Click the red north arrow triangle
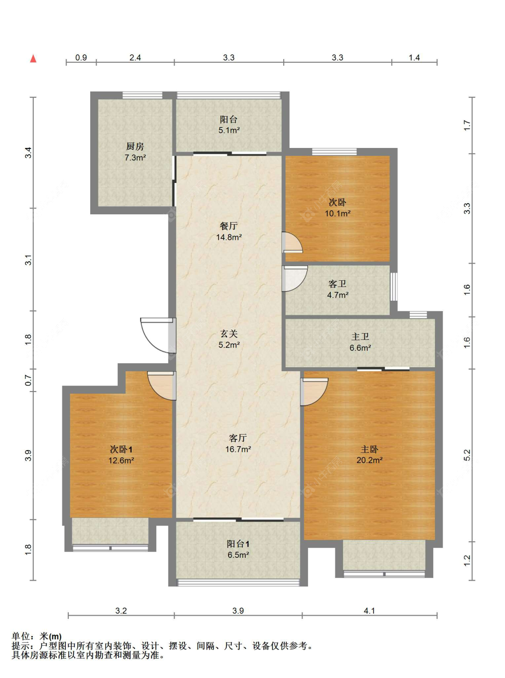pyautogui.click(x=33, y=58)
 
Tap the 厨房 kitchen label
pyautogui.click(x=135, y=147)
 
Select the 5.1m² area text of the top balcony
pyautogui.click(x=228, y=130)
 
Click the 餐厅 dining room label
pyautogui.click(x=228, y=226)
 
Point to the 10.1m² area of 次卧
pyautogui.click(x=337, y=213)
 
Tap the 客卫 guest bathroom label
pyautogui.click(x=337, y=284)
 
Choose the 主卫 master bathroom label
pyautogui.click(x=360, y=337)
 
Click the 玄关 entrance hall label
pyautogui.click(x=228, y=334)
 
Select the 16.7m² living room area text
pyautogui.click(x=238, y=449)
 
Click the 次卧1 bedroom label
pyautogui.click(x=121, y=449)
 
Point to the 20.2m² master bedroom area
pyautogui.click(x=369, y=460)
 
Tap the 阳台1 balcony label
pyautogui.click(x=238, y=544)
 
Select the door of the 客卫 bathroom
pyautogui.click(x=294, y=278)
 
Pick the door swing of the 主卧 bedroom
pyautogui.click(x=314, y=392)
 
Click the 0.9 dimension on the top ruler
pyautogui.click(x=81, y=57)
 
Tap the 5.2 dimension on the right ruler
pyautogui.click(x=467, y=455)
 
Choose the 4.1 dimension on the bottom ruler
pyautogui.click(x=369, y=611)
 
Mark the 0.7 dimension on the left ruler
pyautogui.click(x=28, y=380)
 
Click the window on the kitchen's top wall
pyautogui.click(x=143, y=95)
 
